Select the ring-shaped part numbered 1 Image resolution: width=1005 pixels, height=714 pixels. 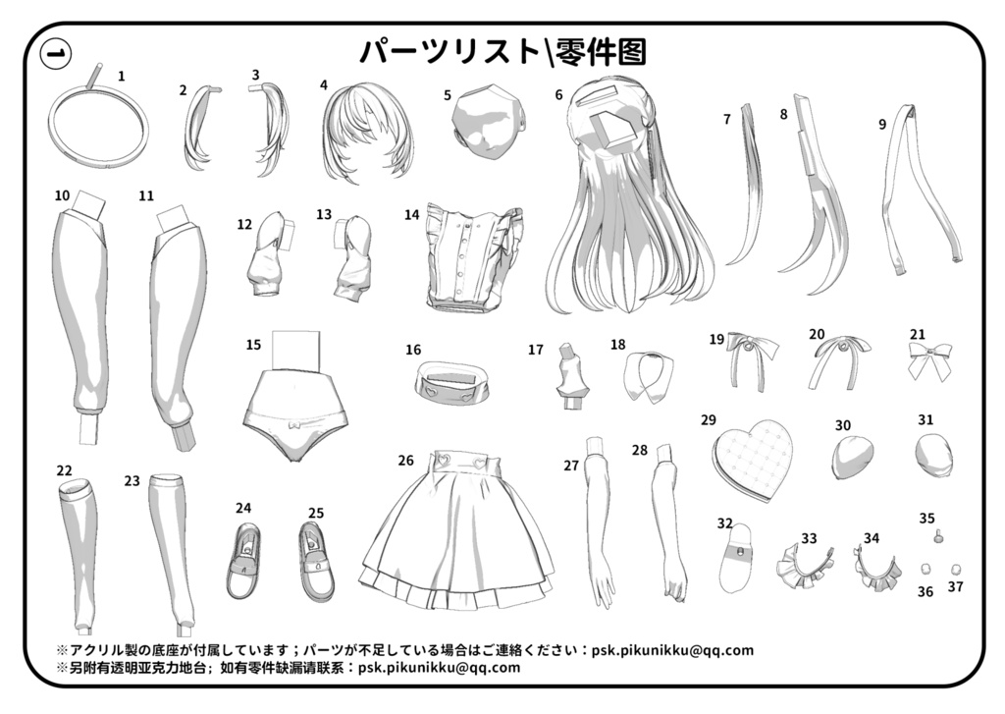coord(98,128)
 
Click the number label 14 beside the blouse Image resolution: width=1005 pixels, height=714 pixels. coord(411,214)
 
